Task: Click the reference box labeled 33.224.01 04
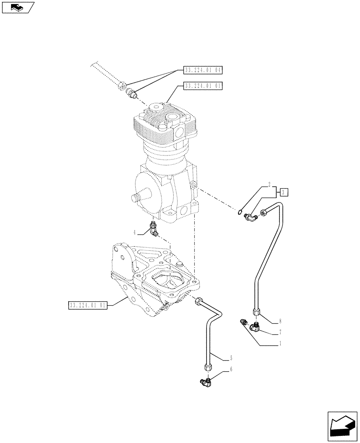point(203,70)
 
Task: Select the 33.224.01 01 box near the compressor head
point(203,86)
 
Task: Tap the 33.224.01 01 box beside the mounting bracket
point(88,305)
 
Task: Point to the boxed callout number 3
point(284,192)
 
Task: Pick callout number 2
point(269,183)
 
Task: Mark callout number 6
point(231,369)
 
